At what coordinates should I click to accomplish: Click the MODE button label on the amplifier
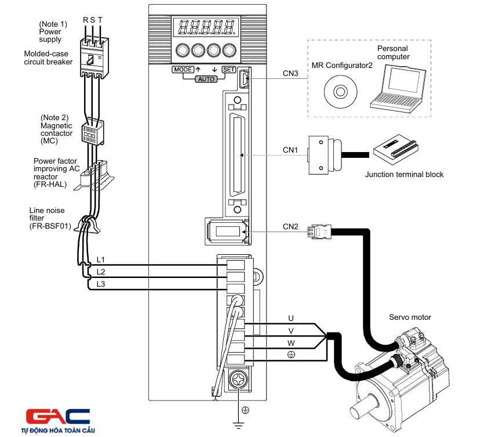click(x=182, y=70)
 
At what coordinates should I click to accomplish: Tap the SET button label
click(x=228, y=70)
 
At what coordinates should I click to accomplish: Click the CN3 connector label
click(x=290, y=74)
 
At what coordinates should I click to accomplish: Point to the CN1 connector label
click(x=290, y=150)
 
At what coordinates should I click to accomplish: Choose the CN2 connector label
click(x=290, y=226)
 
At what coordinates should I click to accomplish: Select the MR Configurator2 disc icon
click(x=337, y=92)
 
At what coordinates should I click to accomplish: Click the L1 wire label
click(x=101, y=259)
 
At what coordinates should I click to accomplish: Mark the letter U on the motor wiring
click(x=291, y=318)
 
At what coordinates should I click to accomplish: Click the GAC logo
click(x=58, y=417)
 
